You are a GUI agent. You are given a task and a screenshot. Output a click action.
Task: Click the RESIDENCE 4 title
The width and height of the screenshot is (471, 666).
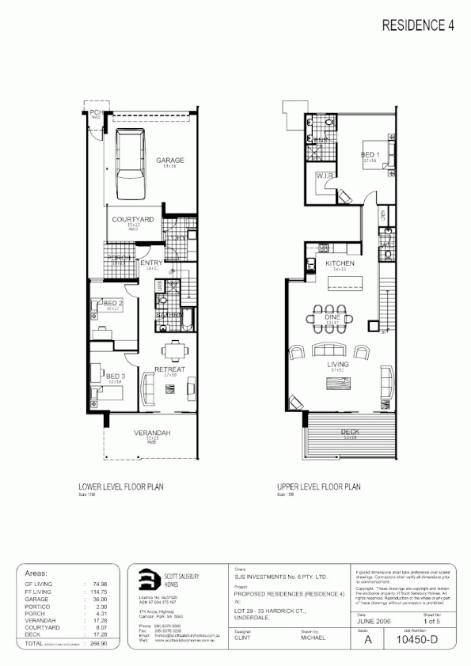[418, 25]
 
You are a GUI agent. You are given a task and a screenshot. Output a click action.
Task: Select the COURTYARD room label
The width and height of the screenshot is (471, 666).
[132, 218]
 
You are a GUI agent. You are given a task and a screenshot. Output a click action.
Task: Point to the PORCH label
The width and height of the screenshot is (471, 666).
[119, 257]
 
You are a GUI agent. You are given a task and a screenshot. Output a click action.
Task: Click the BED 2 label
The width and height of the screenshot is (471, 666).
[112, 304]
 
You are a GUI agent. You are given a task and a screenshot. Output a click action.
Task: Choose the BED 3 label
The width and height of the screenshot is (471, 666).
[115, 376]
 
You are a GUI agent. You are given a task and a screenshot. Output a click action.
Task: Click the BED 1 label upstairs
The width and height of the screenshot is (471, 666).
[370, 154]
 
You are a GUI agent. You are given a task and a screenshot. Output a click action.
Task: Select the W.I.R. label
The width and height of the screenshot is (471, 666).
[323, 176]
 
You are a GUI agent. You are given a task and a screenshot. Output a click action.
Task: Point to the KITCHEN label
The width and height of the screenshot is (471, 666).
[340, 263]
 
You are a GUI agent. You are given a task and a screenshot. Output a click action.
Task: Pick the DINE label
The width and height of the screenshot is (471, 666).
[332, 317]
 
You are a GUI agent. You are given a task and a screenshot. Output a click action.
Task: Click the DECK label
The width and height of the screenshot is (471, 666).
[349, 431]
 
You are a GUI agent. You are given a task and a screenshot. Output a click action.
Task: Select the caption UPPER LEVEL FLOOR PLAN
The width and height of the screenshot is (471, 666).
[318, 488]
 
